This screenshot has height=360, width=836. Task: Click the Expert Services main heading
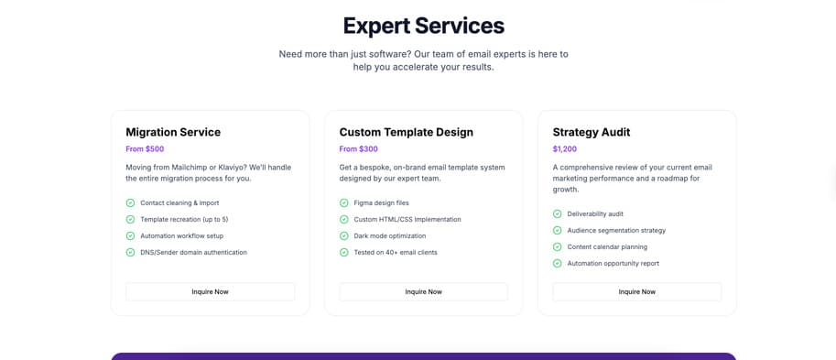click(423, 26)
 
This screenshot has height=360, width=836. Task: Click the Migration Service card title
click(173, 132)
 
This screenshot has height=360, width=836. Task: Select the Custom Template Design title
click(406, 132)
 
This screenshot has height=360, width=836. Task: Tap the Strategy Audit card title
click(592, 132)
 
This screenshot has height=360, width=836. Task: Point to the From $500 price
click(145, 149)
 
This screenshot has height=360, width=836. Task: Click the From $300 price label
click(358, 149)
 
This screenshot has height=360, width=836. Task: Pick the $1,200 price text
click(565, 149)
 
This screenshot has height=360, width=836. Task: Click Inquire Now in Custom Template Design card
click(423, 291)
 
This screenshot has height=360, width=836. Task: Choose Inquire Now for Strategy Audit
click(636, 291)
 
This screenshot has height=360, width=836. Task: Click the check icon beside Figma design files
click(344, 203)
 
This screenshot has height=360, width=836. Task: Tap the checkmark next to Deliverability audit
click(558, 214)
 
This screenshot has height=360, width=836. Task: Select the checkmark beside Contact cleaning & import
click(131, 203)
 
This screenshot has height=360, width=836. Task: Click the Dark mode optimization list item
click(392, 236)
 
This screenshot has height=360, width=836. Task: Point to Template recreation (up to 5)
click(184, 220)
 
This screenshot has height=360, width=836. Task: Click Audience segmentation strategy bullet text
click(616, 231)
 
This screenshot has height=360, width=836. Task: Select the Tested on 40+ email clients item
click(396, 253)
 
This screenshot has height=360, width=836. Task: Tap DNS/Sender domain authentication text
click(193, 253)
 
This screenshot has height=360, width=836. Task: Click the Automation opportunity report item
click(613, 264)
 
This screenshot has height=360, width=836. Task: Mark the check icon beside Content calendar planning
click(558, 247)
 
